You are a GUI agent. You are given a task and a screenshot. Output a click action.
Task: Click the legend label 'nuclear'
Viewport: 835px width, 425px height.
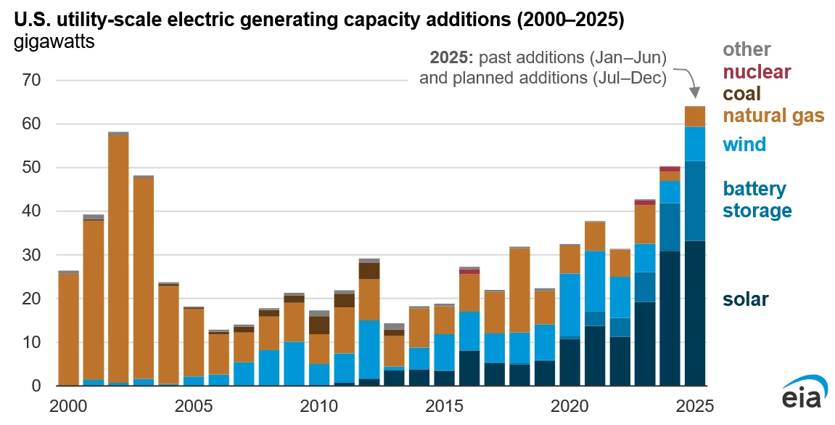(757, 72)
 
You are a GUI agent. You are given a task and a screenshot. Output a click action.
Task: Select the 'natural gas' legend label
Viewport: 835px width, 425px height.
(774, 116)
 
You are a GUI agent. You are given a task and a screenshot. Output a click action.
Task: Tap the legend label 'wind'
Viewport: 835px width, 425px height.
(744, 144)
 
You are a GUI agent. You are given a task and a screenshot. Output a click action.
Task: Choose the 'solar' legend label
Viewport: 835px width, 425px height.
(745, 299)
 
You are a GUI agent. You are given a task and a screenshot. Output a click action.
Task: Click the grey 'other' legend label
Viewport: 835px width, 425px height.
(746, 49)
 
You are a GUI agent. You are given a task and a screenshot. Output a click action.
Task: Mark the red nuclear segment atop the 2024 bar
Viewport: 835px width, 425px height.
(670, 169)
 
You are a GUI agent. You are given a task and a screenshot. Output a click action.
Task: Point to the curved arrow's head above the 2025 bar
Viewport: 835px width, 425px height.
(694, 94)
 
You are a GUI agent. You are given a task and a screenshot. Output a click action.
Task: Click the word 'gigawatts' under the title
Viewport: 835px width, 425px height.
(54, 42)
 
